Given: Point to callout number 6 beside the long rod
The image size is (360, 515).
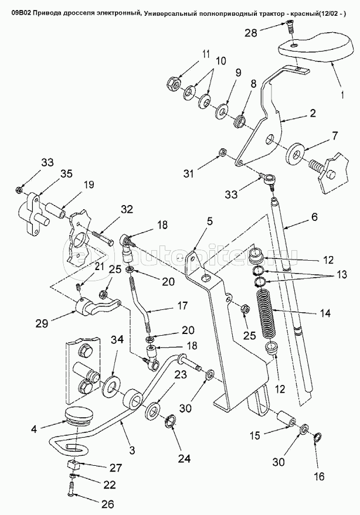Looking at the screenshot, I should click(314, 217).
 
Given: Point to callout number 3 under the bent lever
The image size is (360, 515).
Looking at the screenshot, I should click(132, 450).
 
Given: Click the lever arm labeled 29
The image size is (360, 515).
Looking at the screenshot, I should click(98, 306).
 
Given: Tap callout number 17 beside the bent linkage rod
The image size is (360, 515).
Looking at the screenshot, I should click(182, 305).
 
